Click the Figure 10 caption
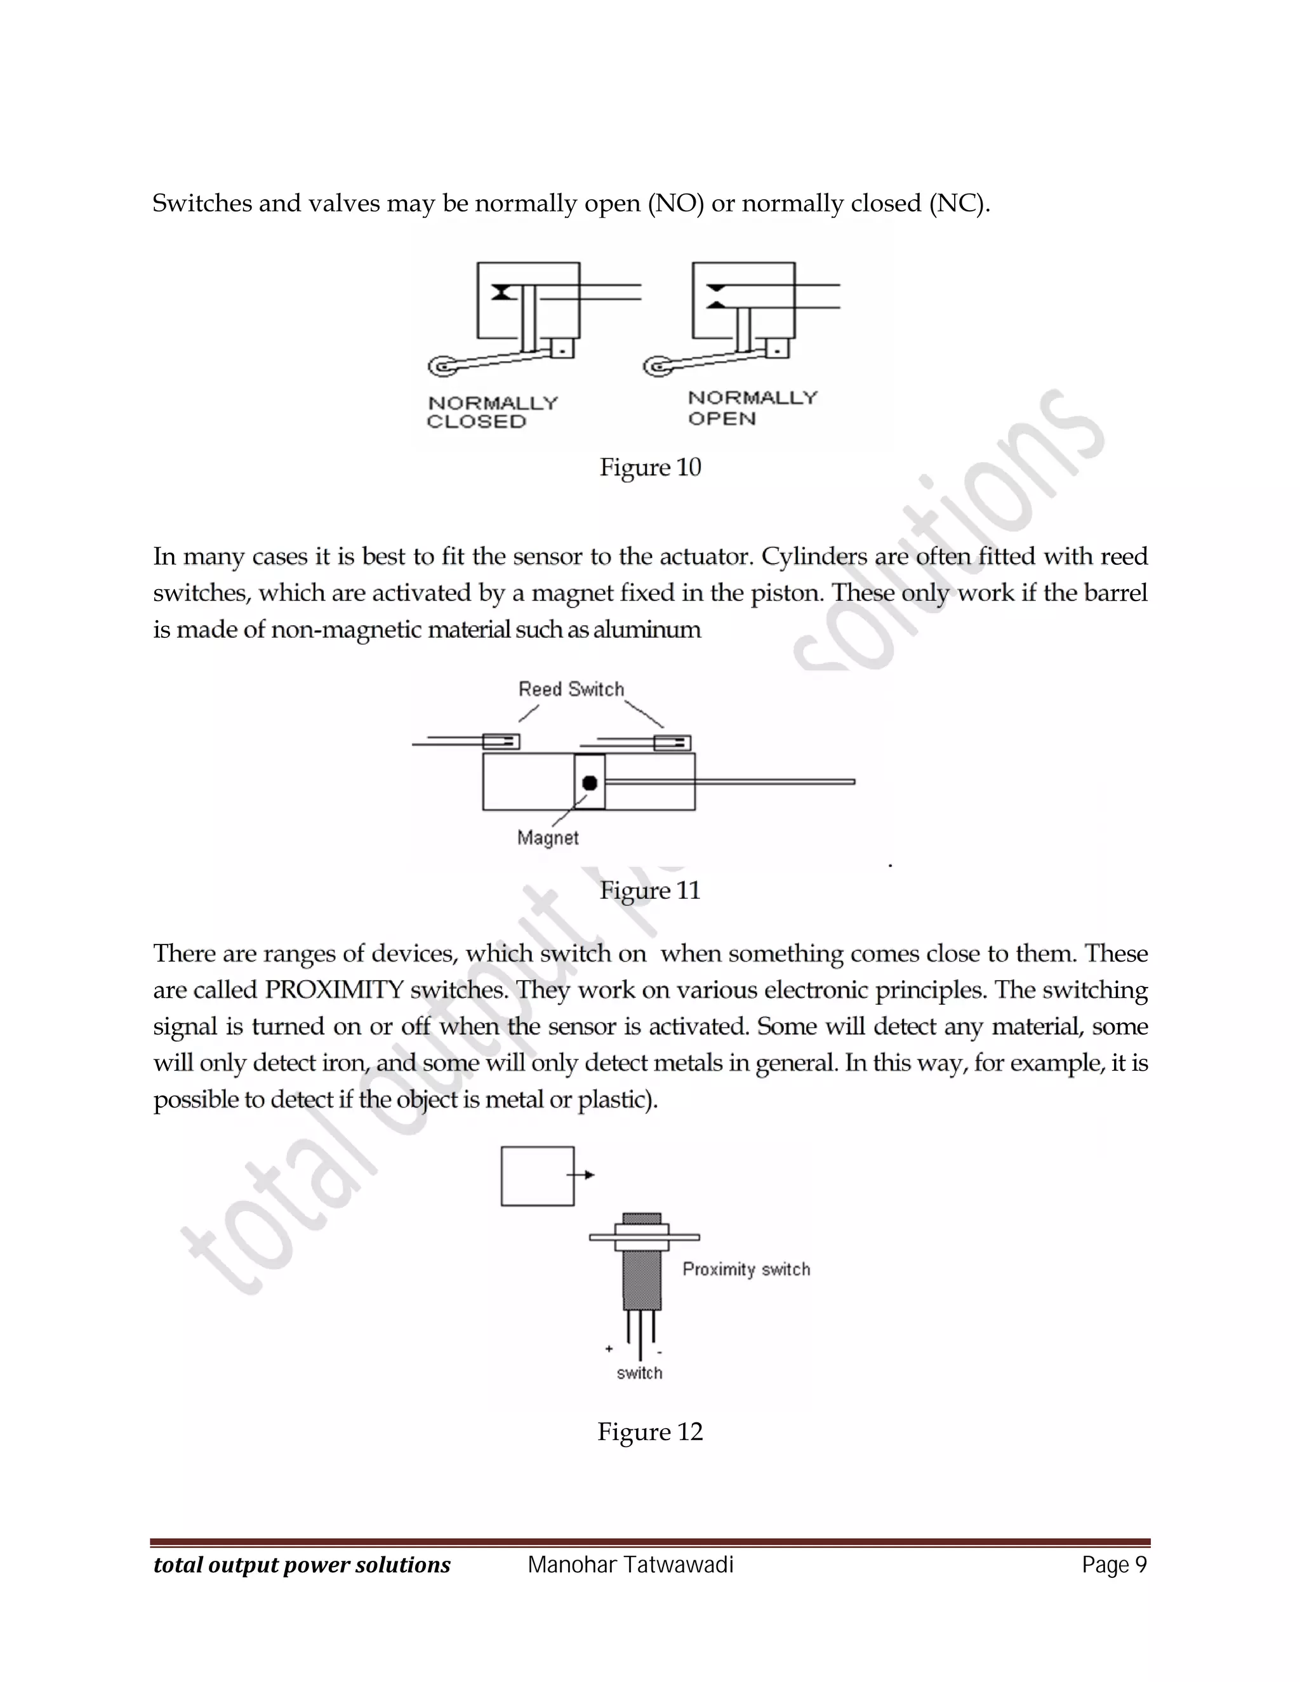(x=650, y=468)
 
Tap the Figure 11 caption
(x=650, y=891)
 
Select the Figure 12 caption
(x=650, y=1432)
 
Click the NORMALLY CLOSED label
(x=492, y=412)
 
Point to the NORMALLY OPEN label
(x=752, y=407)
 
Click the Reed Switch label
(x=571, y=689)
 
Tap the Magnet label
(x=548, y=838)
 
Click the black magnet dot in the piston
(x=590, y=783)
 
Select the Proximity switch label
(x=746, y=1269)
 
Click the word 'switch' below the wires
(x=639, y=1373)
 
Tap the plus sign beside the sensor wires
(x=608, y=1349)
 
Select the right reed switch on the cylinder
(x=672, y=743)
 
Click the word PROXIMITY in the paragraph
(x=335, y=990)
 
